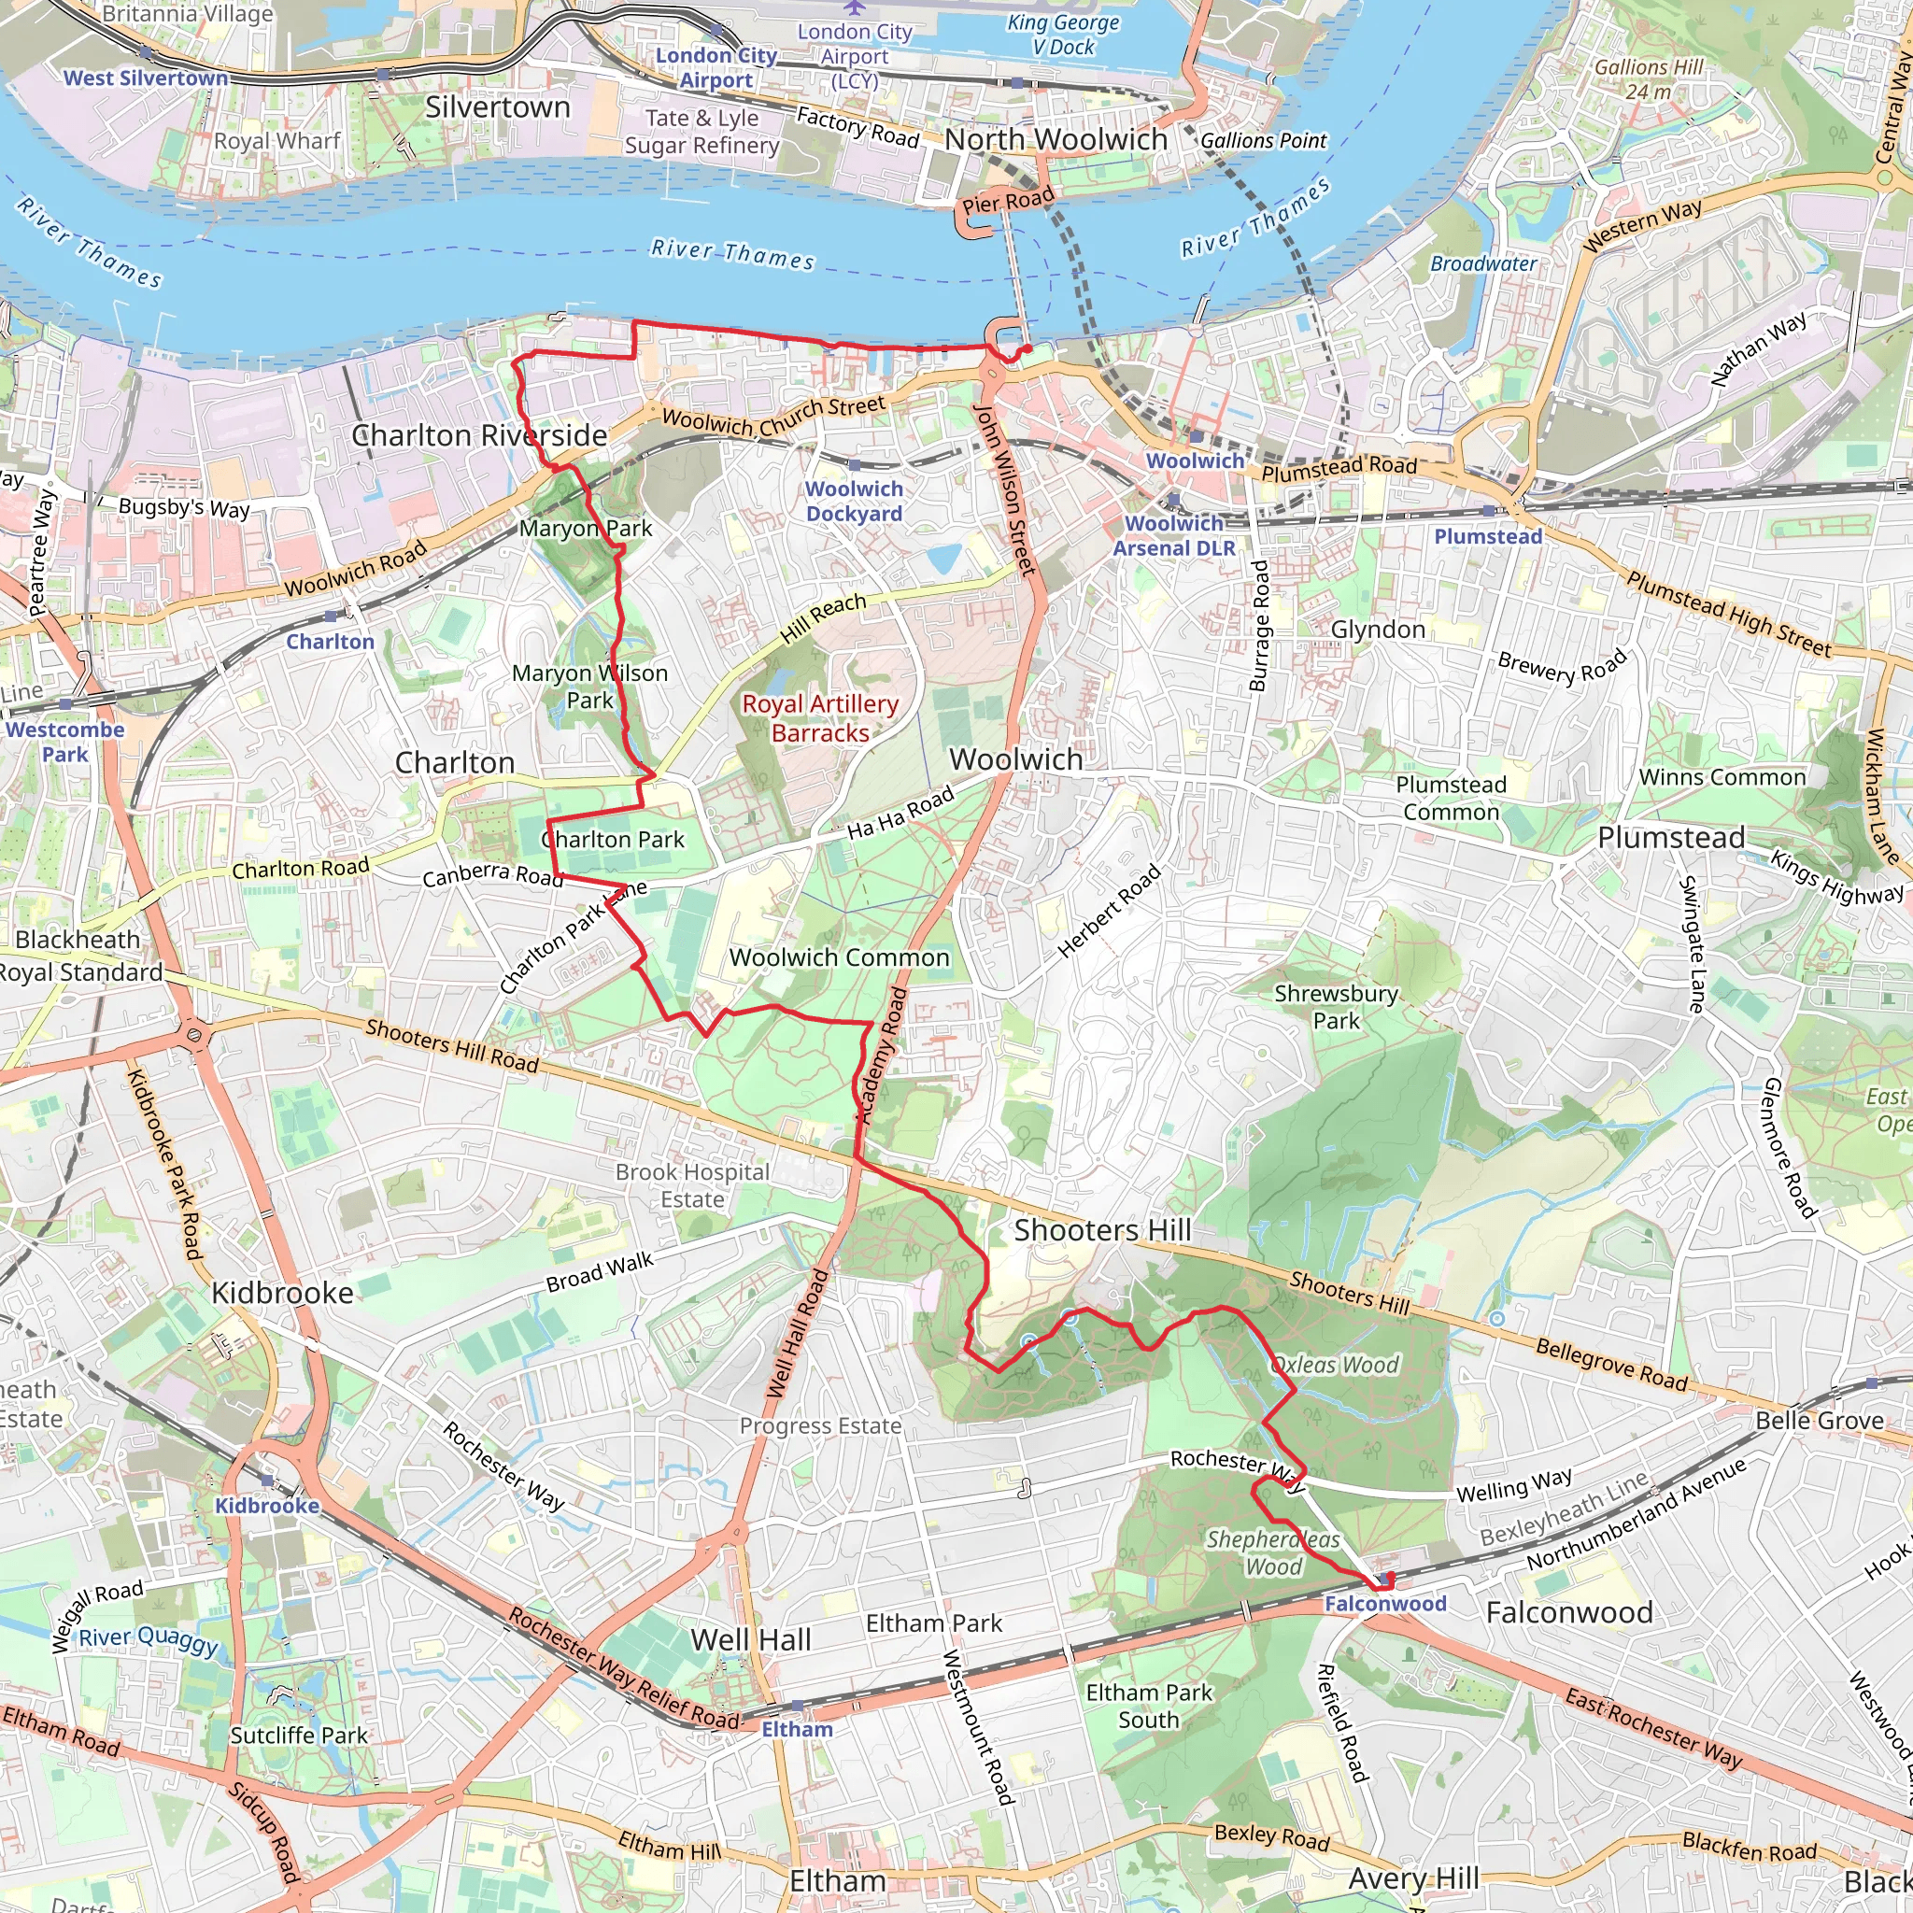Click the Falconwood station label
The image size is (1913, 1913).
pos(1384,1603)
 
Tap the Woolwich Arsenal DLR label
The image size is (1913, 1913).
pos(1173,535)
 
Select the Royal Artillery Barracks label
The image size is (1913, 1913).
pos(820,718)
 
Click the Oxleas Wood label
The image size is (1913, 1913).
pos(1334,1365)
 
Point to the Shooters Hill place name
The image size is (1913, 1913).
pos(1102,1230)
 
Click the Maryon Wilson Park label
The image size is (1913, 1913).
pos(589,687)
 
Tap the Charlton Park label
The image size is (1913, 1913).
pos(613,840)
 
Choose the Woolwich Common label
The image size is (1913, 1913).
pos(839,957)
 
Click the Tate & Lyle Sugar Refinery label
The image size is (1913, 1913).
pos(701,132)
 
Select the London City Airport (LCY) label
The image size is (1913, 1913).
pos(855,56)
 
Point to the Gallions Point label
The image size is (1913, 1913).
pos(1263,141)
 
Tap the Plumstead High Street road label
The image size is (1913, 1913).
pos(1728,615)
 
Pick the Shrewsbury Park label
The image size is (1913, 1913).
pos(1336,1007)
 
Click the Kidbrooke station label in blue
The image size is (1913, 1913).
pos(267,1505)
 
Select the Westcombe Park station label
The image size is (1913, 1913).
pos(65,742)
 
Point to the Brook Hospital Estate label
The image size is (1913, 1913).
pos(692,1185)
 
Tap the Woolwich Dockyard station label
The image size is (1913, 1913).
pos(854,501)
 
